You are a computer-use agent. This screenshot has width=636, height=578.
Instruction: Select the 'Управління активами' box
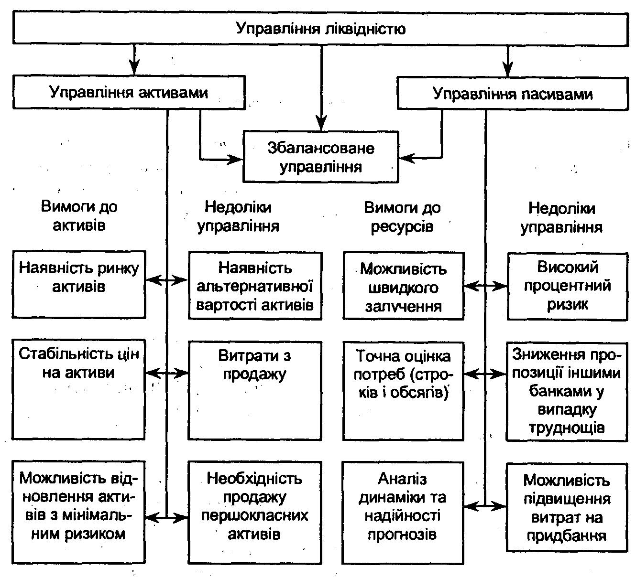(129, 92)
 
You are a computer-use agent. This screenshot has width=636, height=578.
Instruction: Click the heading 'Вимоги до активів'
(79, 216)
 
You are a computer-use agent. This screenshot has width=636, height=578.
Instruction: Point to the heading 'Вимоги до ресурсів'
(402, 216)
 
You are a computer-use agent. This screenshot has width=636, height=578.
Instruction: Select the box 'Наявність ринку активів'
(79, 285)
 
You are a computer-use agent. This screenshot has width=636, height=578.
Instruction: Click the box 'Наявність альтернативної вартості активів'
(255, 286)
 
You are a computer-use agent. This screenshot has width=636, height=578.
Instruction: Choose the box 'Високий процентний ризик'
(567, 286)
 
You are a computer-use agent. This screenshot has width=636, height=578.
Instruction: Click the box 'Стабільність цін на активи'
(79, 389)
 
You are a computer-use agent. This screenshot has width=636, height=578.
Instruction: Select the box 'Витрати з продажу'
(255, 390)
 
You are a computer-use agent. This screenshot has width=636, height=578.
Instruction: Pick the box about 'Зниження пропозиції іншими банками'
(567, 390)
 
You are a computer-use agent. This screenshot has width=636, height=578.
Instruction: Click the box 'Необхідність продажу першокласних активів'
(255, 512)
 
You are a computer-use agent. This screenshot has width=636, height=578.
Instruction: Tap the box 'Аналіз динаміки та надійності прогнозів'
(403, 512)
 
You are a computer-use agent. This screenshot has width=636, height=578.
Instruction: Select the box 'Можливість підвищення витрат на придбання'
(567, 507)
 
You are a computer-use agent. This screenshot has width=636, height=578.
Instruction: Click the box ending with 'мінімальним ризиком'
(79, 512)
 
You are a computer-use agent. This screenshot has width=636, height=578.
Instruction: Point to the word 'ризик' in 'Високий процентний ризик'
(567, 304)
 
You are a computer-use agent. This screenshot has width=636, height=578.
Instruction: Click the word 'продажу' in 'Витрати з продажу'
(255, 374)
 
